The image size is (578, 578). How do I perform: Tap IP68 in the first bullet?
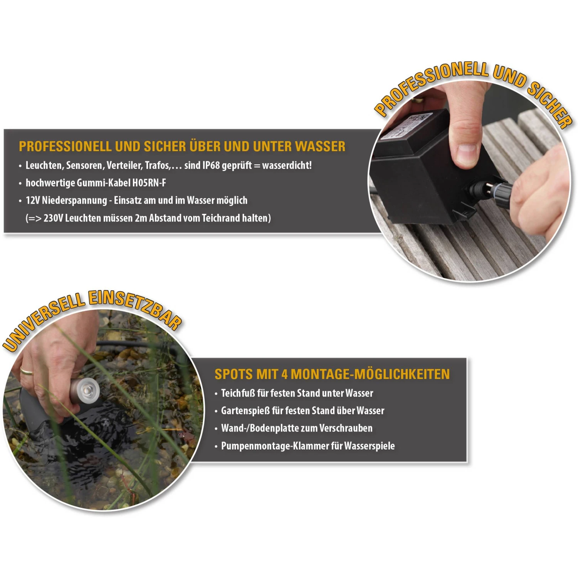[211, 165]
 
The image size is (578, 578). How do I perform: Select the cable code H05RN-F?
[149, 183]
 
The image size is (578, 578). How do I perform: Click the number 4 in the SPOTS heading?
[284, 374]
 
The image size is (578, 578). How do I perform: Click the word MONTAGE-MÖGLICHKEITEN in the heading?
[370, 374]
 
